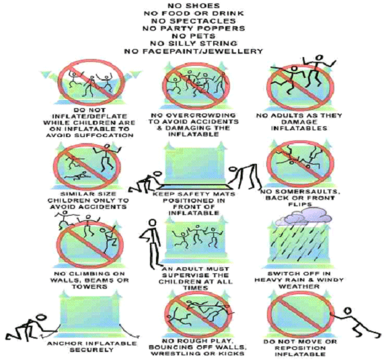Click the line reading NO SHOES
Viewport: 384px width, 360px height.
[194, 5]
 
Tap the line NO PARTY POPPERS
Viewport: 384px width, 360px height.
[194, 28]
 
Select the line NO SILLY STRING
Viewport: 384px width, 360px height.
[194, 44]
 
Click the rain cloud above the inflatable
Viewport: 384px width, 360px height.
[304, 218]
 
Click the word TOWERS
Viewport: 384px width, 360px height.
[89, 286]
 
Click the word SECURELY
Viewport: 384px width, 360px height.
[91, 350]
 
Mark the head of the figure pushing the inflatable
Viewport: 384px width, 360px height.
[348, 311]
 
